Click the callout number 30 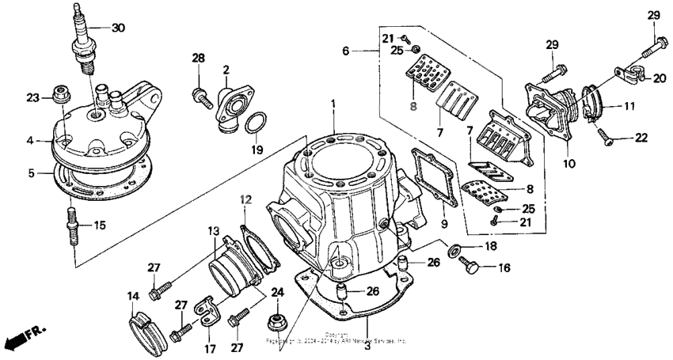118,28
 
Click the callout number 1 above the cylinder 333,103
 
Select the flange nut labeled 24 279,321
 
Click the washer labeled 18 456,251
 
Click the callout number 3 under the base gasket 367,324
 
